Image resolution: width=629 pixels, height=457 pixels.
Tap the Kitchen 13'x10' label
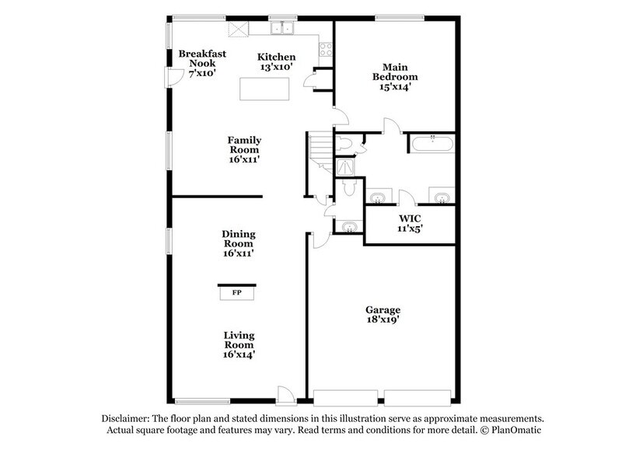(277, 62)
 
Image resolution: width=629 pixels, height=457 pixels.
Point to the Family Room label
(243, 149)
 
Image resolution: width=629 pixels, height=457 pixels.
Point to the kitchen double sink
(281, 29)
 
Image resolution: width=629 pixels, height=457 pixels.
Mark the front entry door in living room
(287, 395)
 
